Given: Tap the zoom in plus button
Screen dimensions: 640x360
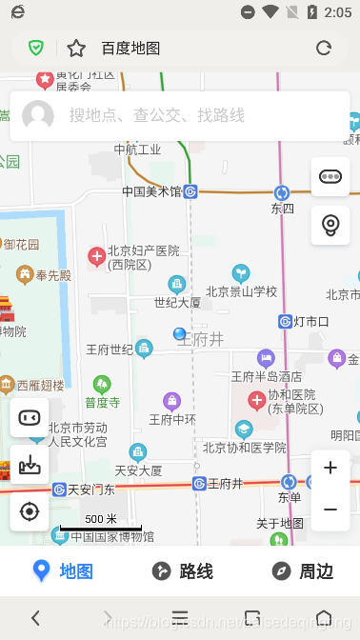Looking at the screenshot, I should pyautogui.click(x=330, y=468).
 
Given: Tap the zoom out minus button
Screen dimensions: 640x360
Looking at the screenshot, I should pyautogui.click(x=330, y=510).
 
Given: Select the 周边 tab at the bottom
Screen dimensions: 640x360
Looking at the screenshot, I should pyautogui.click(x=302, y=571).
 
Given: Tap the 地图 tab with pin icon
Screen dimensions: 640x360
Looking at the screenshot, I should pyautogui.click(x=62, y=571).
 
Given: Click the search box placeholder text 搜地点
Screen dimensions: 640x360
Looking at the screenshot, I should pyautogui.click(x=156, y=115).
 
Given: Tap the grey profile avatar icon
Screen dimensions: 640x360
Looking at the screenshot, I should pyautogui.click(x=38, y=115).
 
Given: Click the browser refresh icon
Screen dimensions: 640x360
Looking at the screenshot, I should pyautogui.click(x=324, y=49).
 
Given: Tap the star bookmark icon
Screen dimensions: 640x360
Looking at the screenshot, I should pyautogui.click(x=76, y=49).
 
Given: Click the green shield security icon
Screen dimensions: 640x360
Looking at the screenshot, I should pyautogui.click(x=36, y=49).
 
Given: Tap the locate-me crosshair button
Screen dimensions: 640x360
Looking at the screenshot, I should pyautogui.click(x=30, y=511).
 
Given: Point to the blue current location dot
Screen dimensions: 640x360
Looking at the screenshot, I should pyautogui.click(x=179, y=333).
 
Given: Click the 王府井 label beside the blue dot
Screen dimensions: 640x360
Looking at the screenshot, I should pyautogui.click(x=204, y=339).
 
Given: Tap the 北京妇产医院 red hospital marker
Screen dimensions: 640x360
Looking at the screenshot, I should pyautogui.click(x=96, y=255).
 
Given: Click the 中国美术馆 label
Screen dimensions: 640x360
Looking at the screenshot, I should pyautogui.click(x=150, y=191).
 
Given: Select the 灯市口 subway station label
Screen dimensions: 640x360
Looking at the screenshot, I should pyautogui.click(x=310, y=321).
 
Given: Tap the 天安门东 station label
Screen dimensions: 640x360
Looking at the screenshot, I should pyautogui.click(x=91, y=490).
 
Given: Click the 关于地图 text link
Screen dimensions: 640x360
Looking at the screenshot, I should pyautogui.click(x=280, y=523).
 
